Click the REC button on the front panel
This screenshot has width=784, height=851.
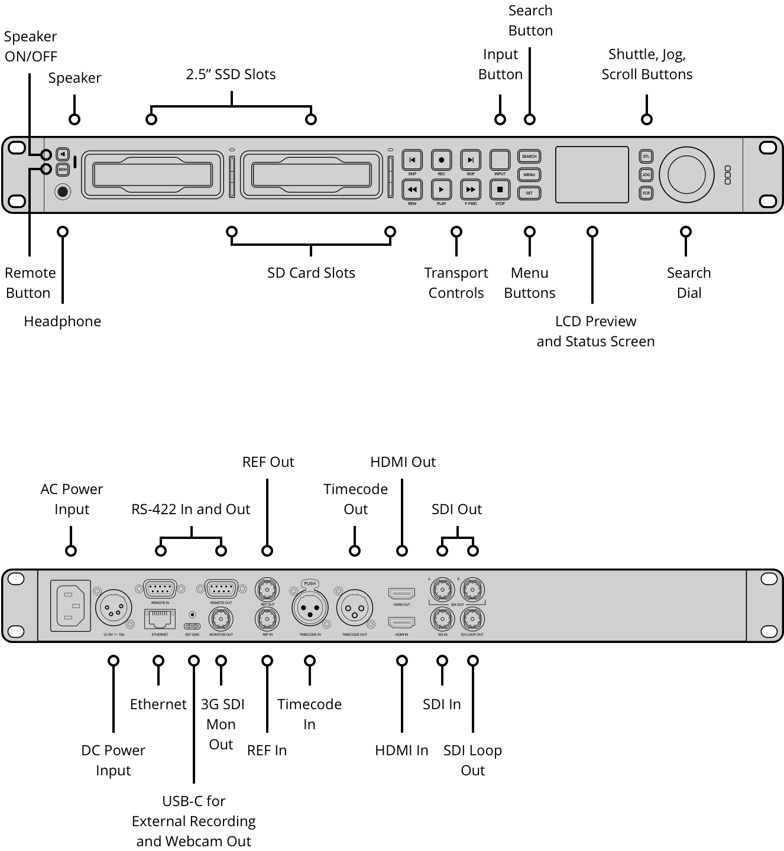click(441, 160)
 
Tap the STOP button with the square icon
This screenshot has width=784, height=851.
click(500, 190)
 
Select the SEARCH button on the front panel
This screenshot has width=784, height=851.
click(529, 157)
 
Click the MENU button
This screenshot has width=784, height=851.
click(529, 175)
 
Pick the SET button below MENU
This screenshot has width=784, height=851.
click(529, 193)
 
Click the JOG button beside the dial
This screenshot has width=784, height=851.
click(646, 175)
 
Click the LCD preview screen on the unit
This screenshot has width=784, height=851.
click(592, 174)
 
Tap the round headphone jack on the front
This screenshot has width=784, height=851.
click(63, 192)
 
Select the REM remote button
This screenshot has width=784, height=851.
click(63, 170)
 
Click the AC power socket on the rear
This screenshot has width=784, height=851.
click(70, 606)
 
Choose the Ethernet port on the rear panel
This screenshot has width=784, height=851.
click(160, 619)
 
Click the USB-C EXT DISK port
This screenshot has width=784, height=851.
click(192, 626)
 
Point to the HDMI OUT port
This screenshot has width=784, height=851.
click(401, 593)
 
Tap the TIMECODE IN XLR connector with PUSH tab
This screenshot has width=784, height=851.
click(310, 608)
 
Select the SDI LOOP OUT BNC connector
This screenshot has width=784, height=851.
click(472, 619)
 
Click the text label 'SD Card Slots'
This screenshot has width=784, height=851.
click(311, 273)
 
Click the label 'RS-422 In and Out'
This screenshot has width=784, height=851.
click(190, 509)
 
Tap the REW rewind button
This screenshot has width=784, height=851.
click(412, 190)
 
